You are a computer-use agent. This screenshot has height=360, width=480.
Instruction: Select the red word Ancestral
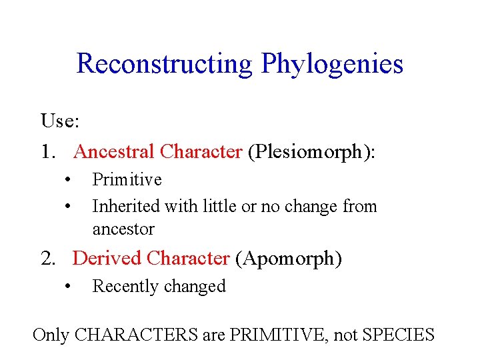(114, 152)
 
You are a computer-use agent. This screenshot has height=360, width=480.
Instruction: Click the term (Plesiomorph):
(311, 152)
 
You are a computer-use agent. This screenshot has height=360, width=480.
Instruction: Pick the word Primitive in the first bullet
(127, 179)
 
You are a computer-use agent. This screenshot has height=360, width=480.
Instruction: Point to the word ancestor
(123, 229)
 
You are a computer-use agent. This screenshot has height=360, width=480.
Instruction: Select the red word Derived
(107, 258)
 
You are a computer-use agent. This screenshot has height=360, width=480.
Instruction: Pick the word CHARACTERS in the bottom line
(135, 334)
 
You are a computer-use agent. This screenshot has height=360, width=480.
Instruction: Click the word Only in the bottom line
(50, 334)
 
